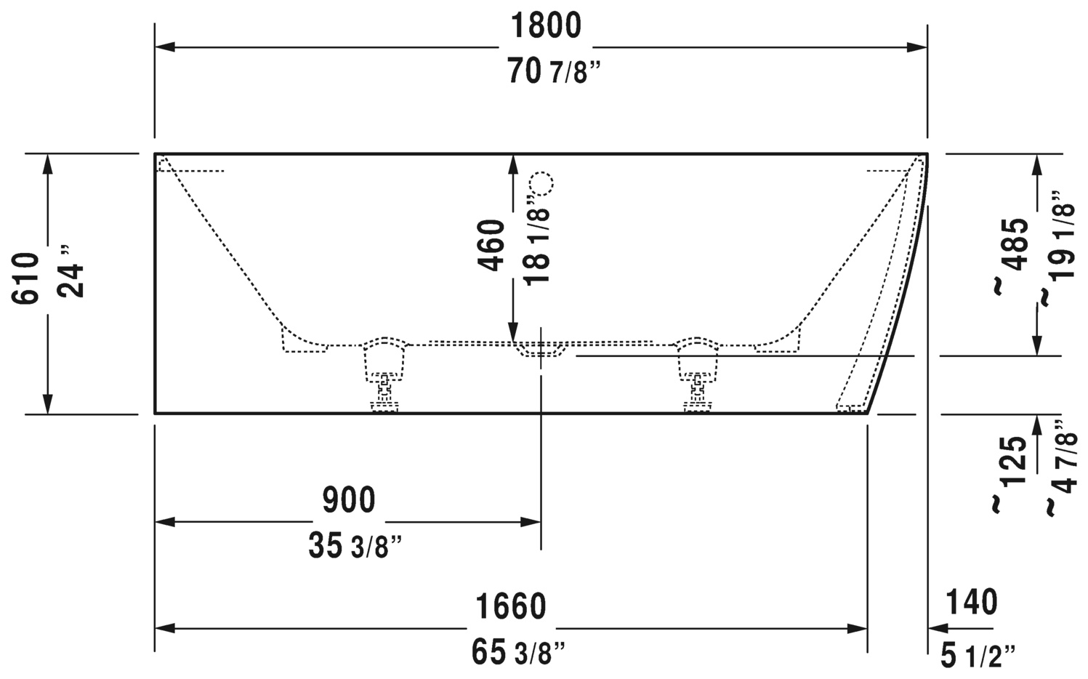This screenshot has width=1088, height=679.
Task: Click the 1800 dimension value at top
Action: pyautogui.click(x=545, y=26)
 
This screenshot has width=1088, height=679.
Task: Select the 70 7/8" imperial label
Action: pyautogui.click(x=555, y=72)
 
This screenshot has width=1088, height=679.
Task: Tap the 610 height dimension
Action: pyautogui.click(x=26, y=278)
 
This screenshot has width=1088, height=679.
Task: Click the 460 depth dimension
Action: pyautogui.click(x=492, y=245)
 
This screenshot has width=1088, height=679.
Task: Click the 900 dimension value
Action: pyautogui.click(x=349, y=500)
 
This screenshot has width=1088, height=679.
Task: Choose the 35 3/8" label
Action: pyautogui.click(x=355, y=546)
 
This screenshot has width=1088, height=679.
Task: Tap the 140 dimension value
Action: pyautogui.click(x=972, y=602)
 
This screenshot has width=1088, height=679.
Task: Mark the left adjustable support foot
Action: pyautogui.click(x=384, y=378)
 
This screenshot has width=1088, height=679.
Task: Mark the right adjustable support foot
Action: pyautogui.click(x=698, y=378)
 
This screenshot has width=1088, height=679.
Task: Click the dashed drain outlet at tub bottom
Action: pyautogui.click(x=541, y=350)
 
